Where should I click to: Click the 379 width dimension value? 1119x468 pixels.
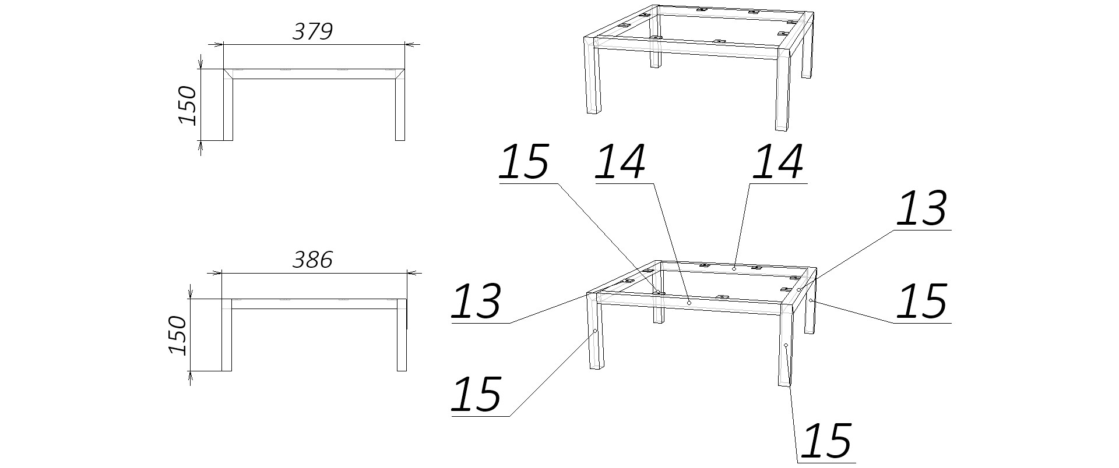(312, 31)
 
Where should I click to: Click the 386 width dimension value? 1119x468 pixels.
(312, 260)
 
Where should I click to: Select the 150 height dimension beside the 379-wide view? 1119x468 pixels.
(187, 105)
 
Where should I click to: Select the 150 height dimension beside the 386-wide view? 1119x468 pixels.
(177, 335)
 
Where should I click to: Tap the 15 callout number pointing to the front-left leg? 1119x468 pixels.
(476, 394)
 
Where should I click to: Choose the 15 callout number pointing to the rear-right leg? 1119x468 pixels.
(921, 301)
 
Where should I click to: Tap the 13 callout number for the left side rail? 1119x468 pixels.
(476, 301)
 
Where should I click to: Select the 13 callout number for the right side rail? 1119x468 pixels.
(921, 208)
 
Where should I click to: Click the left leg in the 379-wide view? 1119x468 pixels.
(228, 105)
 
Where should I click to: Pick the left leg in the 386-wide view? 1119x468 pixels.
(227, 335)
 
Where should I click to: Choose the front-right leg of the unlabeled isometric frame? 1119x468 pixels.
(782, 90)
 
